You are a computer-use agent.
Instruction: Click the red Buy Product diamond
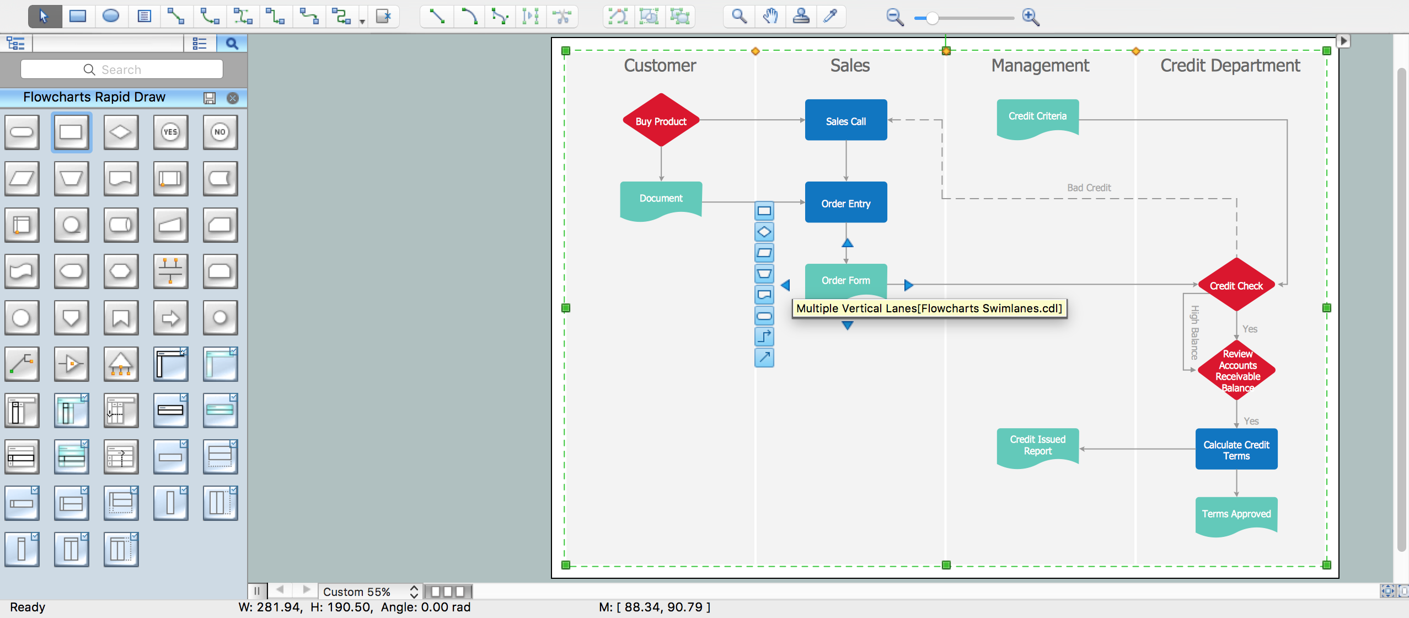pos(661,120)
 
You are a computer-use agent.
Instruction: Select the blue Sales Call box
pos(846,120)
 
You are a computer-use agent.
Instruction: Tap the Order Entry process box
pos(846,202)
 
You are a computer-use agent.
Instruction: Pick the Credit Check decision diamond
pos(1236,285)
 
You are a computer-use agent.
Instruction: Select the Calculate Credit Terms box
pos(1236,449)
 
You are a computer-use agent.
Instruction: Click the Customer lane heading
pos(660,66)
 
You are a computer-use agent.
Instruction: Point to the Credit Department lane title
pos(1230,66)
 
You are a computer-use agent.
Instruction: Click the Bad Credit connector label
pos(1089,188)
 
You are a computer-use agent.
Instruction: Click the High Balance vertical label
pos(1194,333)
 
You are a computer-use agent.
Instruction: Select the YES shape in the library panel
pos(170,132)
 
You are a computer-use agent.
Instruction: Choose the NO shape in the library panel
pos(220,132)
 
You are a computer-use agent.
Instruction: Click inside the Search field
pos(122,70)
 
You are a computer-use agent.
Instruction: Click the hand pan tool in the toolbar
pos(770,17)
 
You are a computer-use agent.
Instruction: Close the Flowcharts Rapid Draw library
pos(233,98)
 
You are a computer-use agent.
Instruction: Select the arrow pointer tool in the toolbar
pos(44,17)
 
